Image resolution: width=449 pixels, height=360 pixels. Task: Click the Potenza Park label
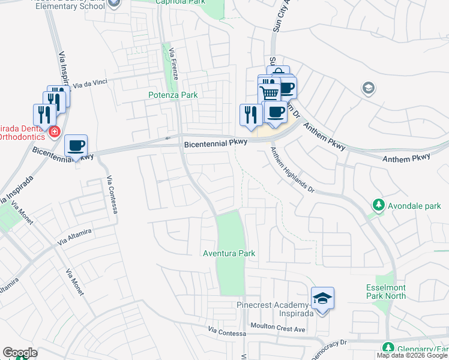[x=173, y=95]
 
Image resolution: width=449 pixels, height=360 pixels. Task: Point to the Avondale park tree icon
[x=379, y=205]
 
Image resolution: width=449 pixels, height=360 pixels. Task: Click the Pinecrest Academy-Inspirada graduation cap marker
[x=322, y=298]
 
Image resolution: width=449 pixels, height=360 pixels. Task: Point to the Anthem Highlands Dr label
[x=292, y=170]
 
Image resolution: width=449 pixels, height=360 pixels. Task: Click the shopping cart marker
[x=269, y=94]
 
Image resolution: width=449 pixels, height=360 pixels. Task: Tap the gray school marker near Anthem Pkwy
[x=367, y=89]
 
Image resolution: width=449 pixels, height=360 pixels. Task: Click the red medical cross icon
[x=54, y=131]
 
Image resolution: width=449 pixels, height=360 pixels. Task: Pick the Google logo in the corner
[x=20, y=353]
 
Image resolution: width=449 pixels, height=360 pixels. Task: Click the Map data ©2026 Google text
[x=412, y=355]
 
